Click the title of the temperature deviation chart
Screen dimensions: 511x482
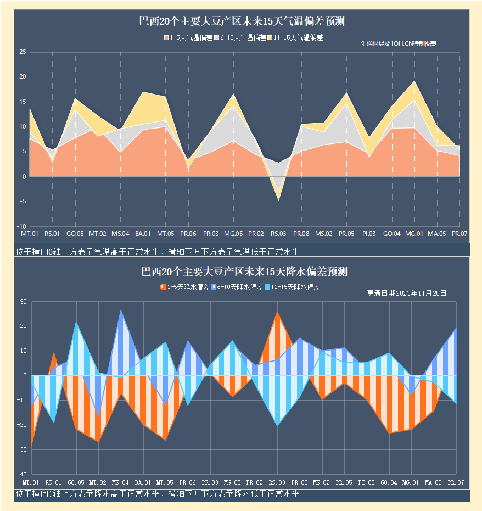(x=242, y=22)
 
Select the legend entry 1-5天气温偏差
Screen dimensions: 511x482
(x=188, y=38)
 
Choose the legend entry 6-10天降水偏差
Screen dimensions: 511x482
(x=238, y=287)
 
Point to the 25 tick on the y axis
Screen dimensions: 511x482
(x=23, y=52)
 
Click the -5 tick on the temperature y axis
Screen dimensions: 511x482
(x=23, y=202)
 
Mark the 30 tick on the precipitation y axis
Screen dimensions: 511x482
(x=23, y=302)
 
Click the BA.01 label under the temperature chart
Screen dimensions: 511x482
(x=143, y=234)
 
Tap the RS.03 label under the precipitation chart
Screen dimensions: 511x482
(x=277, y=482)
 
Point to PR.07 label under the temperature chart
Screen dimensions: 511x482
(x=459, y=234)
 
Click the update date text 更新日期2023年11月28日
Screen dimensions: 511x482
(x=406, y=293)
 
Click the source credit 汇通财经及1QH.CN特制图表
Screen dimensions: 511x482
(x=399, y=43)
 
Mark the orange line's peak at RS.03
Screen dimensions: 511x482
(x=277, y=312)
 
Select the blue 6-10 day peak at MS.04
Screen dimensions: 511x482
(x=121, y=310)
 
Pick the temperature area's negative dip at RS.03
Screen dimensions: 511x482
(x=278, y=200)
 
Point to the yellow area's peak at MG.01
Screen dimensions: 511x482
(x=414, y=81)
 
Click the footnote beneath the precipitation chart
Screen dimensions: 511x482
(x=158, y=494)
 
